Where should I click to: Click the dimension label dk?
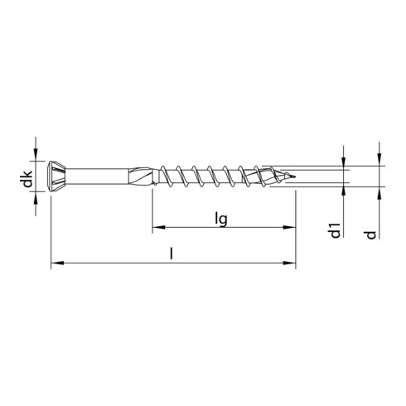coord(28,179)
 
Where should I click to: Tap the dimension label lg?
coord(221,220)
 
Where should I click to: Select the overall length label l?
coord(172,254)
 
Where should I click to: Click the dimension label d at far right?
coord(371,234)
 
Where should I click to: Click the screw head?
coord(56,176)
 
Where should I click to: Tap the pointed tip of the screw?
coord(294,176)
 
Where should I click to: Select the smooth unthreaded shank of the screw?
coord(97,176)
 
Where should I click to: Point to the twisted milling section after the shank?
coord(142,176)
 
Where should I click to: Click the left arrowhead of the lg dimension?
coord(158,227)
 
